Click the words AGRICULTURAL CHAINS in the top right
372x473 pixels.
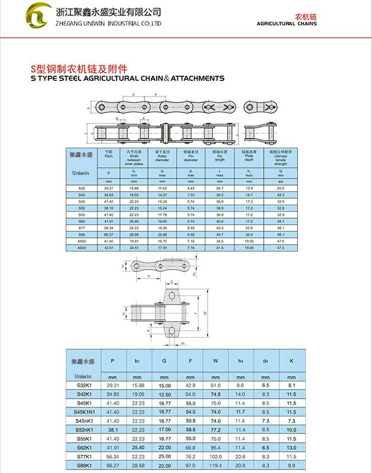click(287, 24)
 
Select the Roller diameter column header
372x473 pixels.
click(162, 156)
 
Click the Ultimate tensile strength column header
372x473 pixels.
click(280, 158)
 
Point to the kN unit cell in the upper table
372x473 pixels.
click(280, 181)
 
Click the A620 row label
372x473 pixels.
click(82, 247)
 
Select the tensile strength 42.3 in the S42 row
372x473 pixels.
click(280, 195)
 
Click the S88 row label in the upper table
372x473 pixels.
click(82, 234)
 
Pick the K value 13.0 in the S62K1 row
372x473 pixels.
click(291, 448)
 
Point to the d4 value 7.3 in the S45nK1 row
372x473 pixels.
click(265, 420)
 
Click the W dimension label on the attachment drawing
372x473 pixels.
click(205, 313)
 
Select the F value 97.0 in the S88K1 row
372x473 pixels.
click(190, 465)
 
